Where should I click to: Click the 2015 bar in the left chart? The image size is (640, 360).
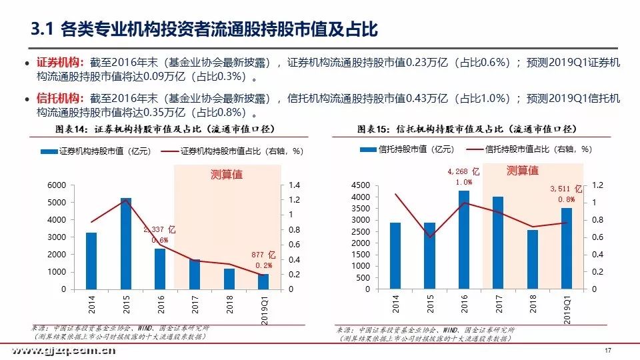pos(125,243)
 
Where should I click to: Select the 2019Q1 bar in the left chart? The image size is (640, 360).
pos(263,281)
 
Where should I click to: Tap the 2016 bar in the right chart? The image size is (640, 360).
pos(464,240)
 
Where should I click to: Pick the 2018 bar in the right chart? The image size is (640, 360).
pos(533,259)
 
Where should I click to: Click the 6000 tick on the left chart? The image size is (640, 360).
pos(57,185)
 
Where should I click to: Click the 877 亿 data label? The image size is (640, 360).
pos(264,255)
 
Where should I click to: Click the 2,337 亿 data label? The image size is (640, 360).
pos(159,229)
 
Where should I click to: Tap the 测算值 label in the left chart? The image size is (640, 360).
pos(227,175)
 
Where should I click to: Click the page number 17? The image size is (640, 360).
pos(607,351)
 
